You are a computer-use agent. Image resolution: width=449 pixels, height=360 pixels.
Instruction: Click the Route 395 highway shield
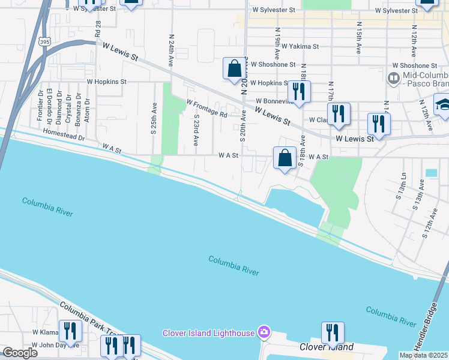tap(44, 41)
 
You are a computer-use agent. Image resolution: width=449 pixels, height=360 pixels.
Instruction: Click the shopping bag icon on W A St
tap(285, 158)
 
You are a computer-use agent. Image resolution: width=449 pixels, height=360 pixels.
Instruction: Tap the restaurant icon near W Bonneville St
tap(298, 92)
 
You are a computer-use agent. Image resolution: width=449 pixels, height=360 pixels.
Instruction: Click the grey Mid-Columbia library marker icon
tap(393, 77)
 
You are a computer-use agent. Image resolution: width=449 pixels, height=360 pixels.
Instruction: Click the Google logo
tap(20, 353)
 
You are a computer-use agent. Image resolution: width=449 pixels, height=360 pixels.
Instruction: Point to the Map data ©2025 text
tap(423, 355)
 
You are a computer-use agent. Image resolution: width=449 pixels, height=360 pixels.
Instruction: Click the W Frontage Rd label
tap(206, 109)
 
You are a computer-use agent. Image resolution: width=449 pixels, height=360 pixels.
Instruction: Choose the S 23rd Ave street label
tap(196, 129)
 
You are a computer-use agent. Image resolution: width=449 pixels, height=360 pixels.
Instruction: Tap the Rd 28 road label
tap(97, 27)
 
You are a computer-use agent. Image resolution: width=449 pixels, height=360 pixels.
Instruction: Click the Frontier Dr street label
tap(40, 106)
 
